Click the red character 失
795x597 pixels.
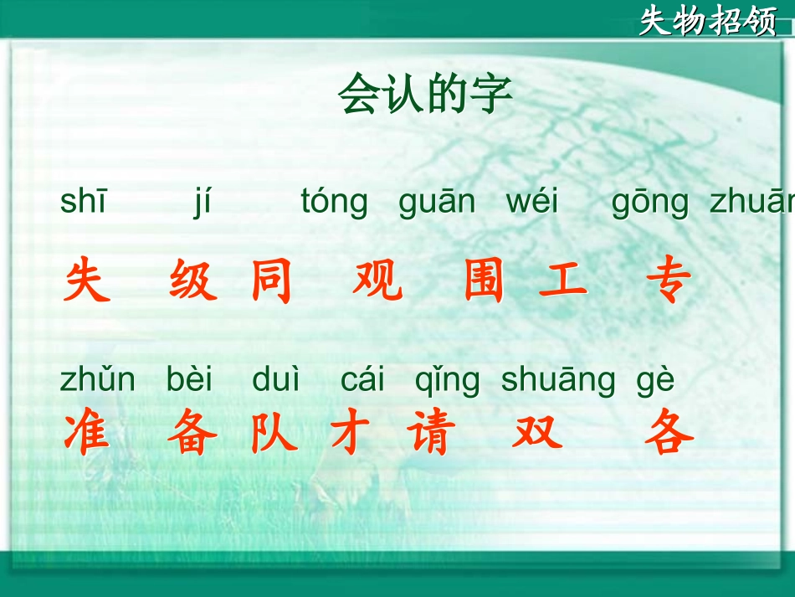[87, 281]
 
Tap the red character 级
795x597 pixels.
[193, 281]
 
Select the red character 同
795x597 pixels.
[272, 281]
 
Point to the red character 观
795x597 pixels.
[377, 281]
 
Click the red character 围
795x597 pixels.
[485, 281]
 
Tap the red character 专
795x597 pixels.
[669, 281]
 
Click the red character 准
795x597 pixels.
[87, 434]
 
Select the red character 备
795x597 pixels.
[192, 434]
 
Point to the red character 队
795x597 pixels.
[273, 434]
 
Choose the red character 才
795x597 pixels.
[351, 434]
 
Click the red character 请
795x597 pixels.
[432, 434]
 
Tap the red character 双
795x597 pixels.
[537, 434]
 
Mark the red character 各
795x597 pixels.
[669, 434]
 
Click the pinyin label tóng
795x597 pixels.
[335, 203]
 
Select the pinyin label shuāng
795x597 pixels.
[558, 381]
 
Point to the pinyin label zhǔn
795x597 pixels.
[97, 380]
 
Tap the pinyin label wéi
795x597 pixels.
[532, 203]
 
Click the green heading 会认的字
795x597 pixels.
[424, 94]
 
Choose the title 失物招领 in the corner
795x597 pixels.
[708, 21]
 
